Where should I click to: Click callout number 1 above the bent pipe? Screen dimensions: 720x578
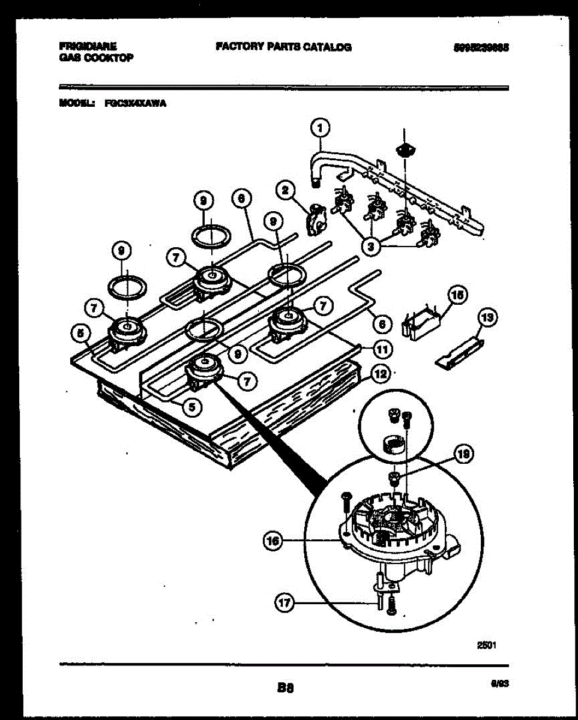(321, 128)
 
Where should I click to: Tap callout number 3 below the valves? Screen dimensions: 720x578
(372, 245)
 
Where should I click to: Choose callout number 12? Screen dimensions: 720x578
(379, 374)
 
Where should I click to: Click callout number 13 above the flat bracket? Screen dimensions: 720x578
(488, 319)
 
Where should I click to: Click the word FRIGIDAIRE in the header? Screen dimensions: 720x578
(88, 46)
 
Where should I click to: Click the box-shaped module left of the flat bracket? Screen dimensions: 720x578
(423, 322)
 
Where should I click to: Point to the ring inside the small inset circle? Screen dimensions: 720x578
(391, 445)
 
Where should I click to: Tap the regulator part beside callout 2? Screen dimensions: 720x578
(315, 219)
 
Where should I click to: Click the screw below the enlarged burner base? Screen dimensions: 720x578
(392, 604)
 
